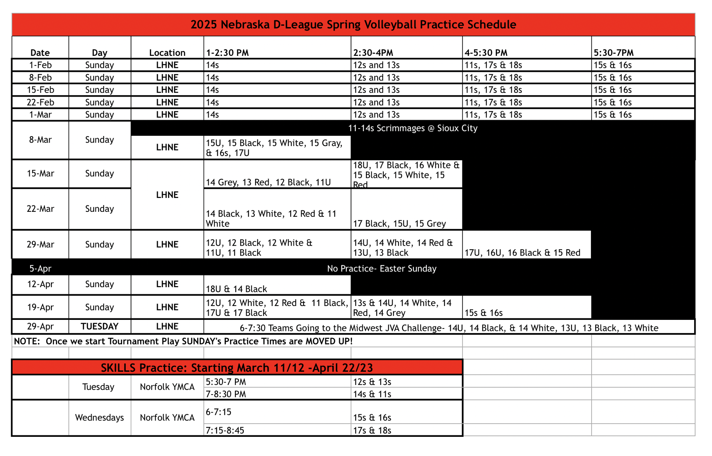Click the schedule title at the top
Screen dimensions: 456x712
(353, 25)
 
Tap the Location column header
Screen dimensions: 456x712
(167, 53)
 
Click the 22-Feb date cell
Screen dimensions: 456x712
(40, 102)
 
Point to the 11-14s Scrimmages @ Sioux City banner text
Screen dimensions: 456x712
(413, 128)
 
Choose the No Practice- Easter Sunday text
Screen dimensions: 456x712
(381, 268)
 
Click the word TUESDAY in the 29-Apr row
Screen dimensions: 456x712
(99, 326)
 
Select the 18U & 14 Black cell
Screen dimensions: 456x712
(236, 289)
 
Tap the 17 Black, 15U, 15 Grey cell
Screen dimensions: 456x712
(399, 224)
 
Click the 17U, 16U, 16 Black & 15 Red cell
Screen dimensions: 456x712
(522, 253)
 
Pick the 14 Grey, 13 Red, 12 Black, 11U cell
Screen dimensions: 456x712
(268, 182)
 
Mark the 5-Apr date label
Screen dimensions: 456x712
(40, 268)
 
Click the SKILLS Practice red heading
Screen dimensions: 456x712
(237, 368)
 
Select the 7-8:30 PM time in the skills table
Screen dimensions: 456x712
(226, 394)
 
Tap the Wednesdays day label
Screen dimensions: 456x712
(99, 417)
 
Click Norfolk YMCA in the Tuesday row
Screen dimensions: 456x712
(167, 387)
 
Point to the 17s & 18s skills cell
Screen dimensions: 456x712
(372, 430)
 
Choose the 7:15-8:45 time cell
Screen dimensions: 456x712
(225, 430)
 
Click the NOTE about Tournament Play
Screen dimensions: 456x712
(183, 341)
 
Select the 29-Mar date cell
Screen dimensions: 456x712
(40, 245)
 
